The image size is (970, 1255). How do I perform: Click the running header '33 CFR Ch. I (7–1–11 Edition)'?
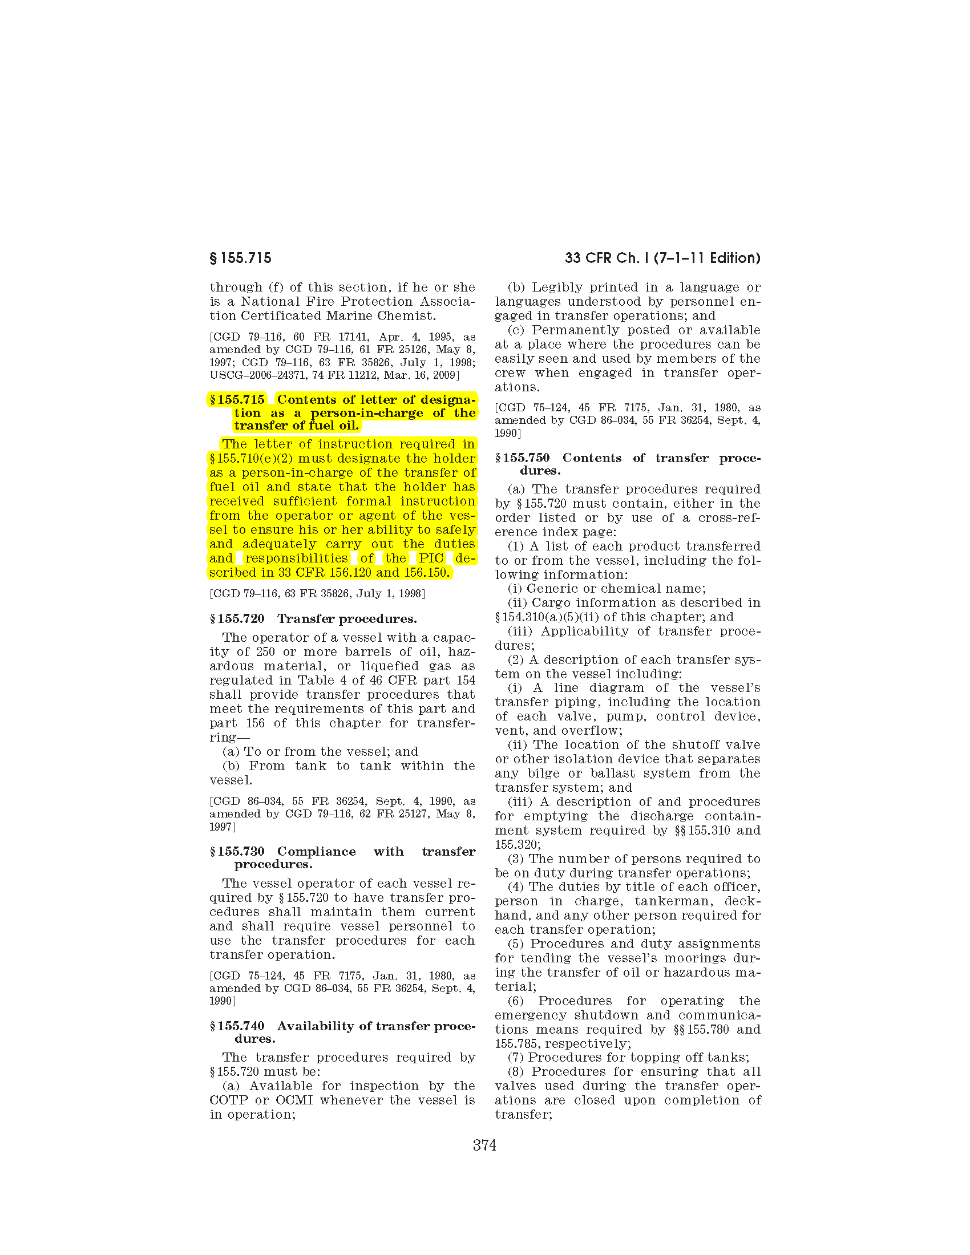pyautogui.click(x=662, y=258)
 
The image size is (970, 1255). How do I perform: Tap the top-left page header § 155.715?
pyautogui.click(x=240, y=258)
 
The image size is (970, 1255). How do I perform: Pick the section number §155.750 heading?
pyautogui.click(x=522, y=458)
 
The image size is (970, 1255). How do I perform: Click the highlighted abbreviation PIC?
pyautogui.click(x=430, y=558)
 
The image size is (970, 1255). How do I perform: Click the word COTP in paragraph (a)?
pyautogui.click(x=229, y=1100)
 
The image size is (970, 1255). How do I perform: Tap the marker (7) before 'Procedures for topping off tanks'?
pyautogui.click(x=515, y=1057)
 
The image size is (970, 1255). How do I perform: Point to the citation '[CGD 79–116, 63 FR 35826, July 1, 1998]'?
pyautogui.click(x=317, y=594)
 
